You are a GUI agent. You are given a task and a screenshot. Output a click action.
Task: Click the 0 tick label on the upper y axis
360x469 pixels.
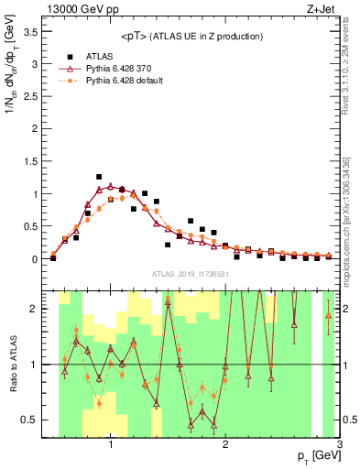(x=34, y=259)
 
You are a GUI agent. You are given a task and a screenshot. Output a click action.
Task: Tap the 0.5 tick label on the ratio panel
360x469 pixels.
(x=29, y=420)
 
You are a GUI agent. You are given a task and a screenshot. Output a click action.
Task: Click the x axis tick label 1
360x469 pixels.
(x=111, y=445)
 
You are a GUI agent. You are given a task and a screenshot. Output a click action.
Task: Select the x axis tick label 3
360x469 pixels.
(x=340, y=445)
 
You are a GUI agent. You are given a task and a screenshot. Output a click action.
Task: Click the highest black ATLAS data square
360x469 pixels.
(x=99, y=177)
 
